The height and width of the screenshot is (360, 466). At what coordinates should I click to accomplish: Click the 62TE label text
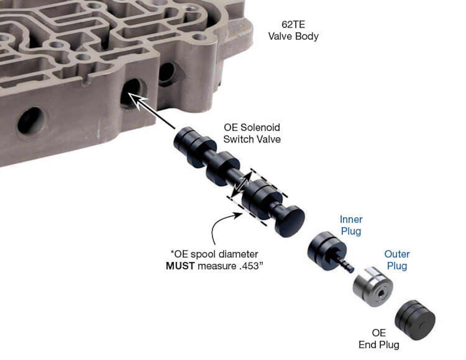pyautogui.click(x=293, y=25)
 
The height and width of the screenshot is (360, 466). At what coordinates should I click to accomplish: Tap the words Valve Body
pyautogui.click(x=293, y=36)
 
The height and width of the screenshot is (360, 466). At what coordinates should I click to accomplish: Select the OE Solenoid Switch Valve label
pyautogui.click(x=252, y=133)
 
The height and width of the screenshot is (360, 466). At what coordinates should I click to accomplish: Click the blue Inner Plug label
pyautogui.click(x=351, y=225)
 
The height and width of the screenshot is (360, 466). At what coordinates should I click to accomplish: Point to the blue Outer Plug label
pyautogui.click(x=397, y=260)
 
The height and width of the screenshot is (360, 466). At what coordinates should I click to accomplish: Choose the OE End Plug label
pyautogui.click(x=379, y=339)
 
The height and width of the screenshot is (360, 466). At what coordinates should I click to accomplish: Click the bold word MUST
pyautogui.click(x=180, y=266)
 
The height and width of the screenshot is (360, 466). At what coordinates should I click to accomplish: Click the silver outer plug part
pyautogui.click(x=373, y=286)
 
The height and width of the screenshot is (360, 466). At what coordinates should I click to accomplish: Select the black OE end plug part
pyautogui.click(x=415, y=320)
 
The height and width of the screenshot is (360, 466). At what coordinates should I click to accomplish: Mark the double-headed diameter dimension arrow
pyautogui.click(x=241, y=184)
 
